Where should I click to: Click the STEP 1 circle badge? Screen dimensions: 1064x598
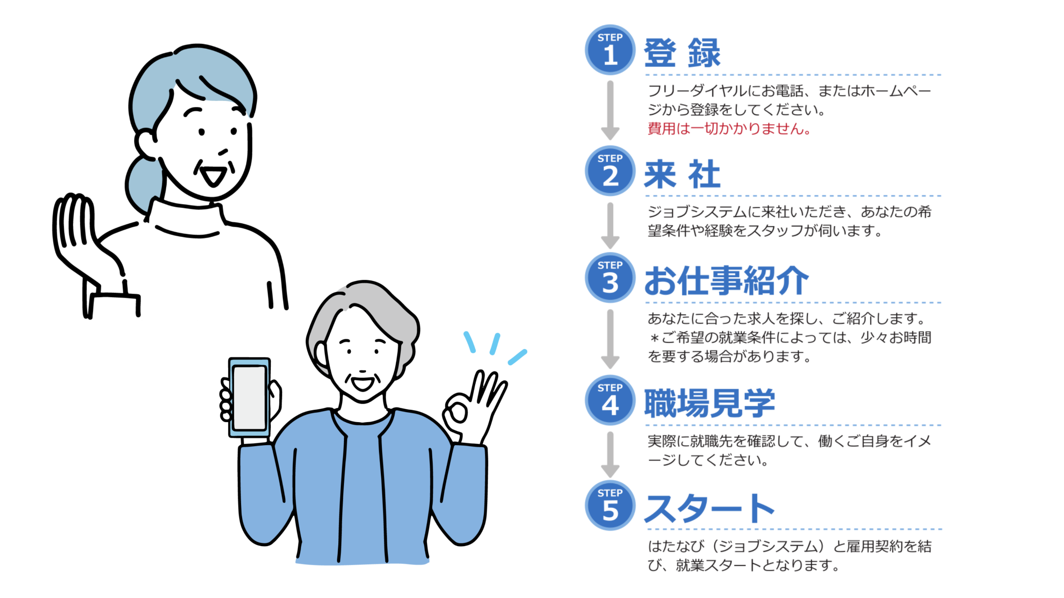610,50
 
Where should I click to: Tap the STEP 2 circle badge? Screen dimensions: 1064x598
610,171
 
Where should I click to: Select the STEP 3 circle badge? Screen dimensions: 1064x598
610,278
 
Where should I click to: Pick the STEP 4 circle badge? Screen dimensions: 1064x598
610,400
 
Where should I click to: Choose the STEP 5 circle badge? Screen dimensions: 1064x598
610,505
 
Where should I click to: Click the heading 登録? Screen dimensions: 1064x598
682,53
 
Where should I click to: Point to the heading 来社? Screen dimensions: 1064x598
682,174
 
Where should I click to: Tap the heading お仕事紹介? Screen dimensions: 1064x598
726,281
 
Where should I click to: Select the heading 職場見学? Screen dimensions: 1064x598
709,403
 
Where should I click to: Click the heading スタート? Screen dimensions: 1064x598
709,509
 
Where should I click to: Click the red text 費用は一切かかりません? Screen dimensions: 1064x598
729,128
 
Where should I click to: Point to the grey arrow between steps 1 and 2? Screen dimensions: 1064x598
610,110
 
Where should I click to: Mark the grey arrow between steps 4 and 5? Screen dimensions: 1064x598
610,454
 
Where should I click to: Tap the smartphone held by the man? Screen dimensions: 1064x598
249,397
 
